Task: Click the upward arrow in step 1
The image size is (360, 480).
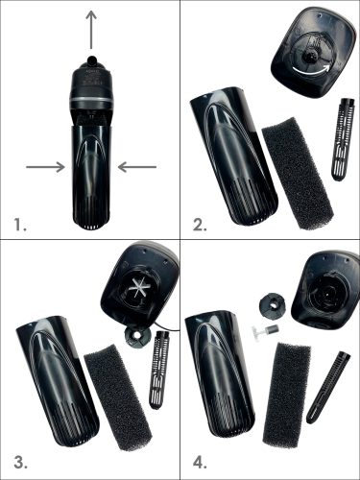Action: click(x=92, y=30)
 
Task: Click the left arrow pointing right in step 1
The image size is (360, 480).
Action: click(x=45, y=167)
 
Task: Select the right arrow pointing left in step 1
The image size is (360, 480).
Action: click(x=137, y=167)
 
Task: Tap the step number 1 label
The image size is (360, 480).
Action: click(x=20, y=226)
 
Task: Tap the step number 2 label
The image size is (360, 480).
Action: click(x=200, y=226)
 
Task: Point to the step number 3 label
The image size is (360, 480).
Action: click(x=20, y=463)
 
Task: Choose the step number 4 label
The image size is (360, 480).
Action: click(x=201, y=463)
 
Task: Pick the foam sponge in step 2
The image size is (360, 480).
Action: click(x=298, y=174)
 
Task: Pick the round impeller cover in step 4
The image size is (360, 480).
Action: click(x=272, y=308)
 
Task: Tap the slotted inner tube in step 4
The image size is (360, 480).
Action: click(x=328, y=387)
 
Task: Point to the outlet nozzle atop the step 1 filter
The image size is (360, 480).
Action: click(x=92, y=60)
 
